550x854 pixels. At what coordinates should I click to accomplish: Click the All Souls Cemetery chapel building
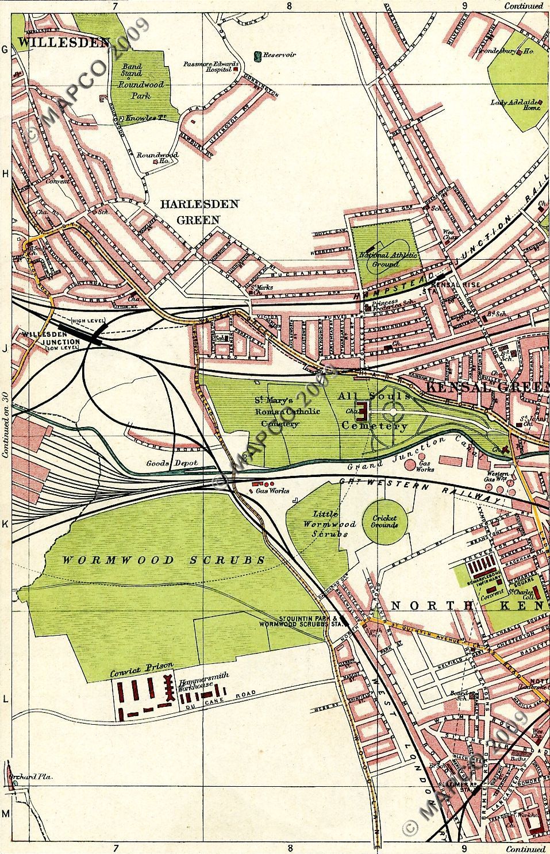coord(363,410)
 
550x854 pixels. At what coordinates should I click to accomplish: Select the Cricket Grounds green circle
coord(384,521)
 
